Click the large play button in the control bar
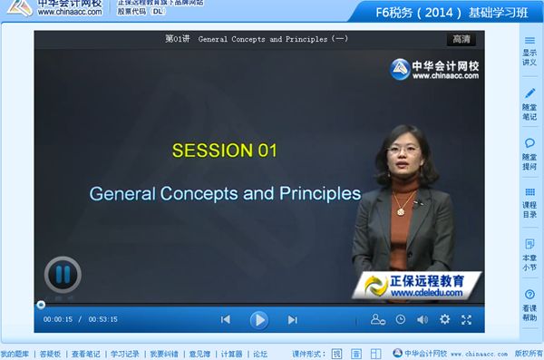[258, 319]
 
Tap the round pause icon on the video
[63, 274]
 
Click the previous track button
[226, 319]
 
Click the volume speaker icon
[422, 319]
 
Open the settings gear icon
[444, 319]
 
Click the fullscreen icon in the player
[466, 319]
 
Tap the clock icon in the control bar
[400, 319]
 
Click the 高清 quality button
[461, 39]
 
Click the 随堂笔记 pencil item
[529, 104]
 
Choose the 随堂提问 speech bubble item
[529, 154]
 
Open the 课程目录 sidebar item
[529, 203]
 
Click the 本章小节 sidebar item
[529, 255]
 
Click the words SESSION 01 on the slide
[224, 151]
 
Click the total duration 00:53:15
[102, 319]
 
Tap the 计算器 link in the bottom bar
[231, 354]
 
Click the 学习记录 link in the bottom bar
[125, 354]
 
